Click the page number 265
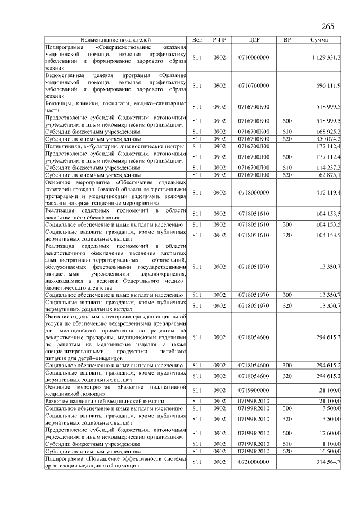(x=327, y=27)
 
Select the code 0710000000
(x=254, y=58)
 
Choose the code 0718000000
(x=254, y=193)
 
